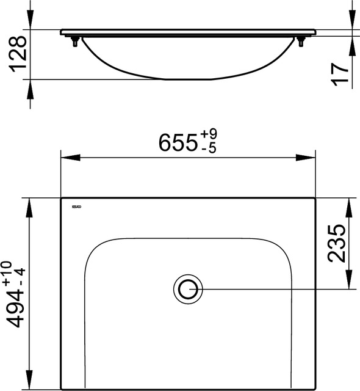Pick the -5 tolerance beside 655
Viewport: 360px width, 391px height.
(x=207, y=149)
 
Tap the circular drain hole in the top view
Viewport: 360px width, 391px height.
(x=187, y=288)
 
